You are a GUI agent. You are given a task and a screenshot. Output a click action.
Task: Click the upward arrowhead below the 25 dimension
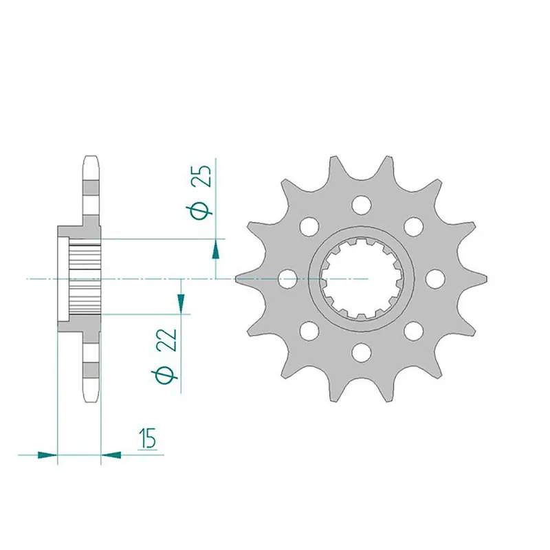[216, 249]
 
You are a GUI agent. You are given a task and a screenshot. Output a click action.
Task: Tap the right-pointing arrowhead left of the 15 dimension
[46, 454]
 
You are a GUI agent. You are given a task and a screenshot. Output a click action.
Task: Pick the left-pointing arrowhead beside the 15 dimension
[111, 454]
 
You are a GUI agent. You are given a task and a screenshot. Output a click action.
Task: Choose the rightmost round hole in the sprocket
[434, 278]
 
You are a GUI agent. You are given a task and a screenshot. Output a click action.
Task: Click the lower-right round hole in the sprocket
[412, 331]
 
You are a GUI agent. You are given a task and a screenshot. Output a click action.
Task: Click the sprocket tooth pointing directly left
[241, 278]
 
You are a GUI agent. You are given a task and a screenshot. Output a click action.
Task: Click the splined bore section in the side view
[85, 279]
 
